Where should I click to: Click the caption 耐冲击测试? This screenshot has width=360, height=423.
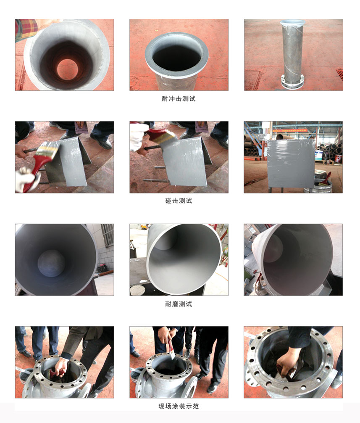179,99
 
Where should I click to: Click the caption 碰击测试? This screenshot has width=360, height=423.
179,201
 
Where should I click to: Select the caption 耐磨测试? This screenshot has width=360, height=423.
179,304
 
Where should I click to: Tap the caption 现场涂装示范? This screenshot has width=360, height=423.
179,406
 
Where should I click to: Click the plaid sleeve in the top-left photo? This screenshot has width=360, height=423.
26,29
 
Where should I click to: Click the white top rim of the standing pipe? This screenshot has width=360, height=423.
293,23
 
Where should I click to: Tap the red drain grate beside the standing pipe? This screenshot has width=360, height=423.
339,75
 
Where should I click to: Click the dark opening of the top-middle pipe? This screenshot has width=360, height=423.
176,57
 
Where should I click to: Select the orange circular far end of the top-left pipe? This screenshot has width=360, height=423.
67,70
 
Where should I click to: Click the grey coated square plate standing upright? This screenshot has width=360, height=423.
291,164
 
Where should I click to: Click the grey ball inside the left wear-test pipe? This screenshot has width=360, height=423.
51,263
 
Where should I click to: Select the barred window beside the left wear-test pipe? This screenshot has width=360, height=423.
107,235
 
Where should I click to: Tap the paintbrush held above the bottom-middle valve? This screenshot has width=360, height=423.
171,348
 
